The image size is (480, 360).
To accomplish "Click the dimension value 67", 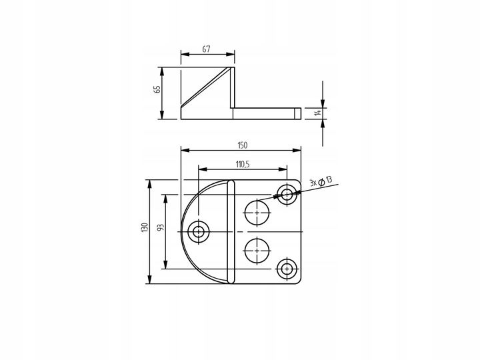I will pyautogui.click(x=207, y=49).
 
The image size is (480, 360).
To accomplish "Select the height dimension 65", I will pyautogui.click(x=157, y=90).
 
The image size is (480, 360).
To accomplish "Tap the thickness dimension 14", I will pyautogui.click(x=319, y=113).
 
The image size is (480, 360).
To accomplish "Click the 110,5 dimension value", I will pyautogui.click(x=243, y=164).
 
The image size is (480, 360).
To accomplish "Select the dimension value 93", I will pyautogui.click(x=161, y=227).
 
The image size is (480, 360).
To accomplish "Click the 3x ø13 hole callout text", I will pyautogui.click(x=321, y=182).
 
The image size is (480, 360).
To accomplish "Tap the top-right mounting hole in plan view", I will pyautogui.click(x=288, y=195).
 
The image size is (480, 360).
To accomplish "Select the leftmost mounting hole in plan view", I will pyautogui.click(x=198, y=231).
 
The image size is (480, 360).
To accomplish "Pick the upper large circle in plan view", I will pyautogui.click(x=257, y=213).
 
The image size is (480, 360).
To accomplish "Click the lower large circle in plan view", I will pyautogui.click(x=257, y=250).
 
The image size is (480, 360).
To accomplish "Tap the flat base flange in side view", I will pyautogui.click(x=263, y=113).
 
